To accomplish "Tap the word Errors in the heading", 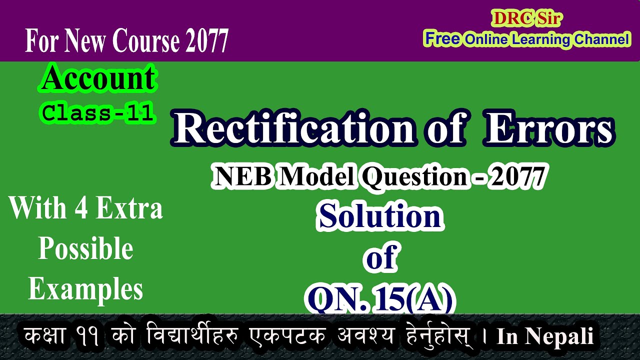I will pyautogui.click(x=549, y=129).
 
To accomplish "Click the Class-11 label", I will pyautogui.click(x=98, y=113).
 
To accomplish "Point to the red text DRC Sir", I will pyautogui.click(x=527, y=19).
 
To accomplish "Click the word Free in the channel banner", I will pyautogui.click(x=442, y=39).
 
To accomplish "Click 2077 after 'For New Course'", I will pyautogui.click(x=206, y=40).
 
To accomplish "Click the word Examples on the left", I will pyautogui.click(x=85, y=289).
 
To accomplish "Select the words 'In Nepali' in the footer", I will pyautogui.click(x=545, y=336).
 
